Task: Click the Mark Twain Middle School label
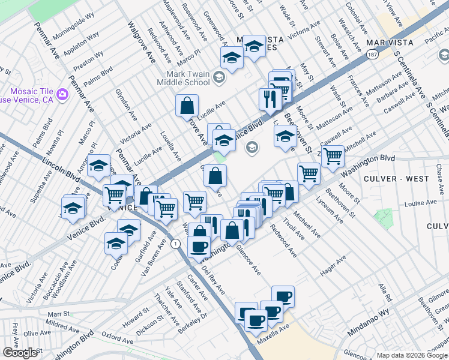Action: [188, 78]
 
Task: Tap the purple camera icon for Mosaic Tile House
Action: [62, 94]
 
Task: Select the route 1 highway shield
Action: [175, 244]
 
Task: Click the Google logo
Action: [20, 353]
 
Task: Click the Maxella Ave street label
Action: [274, 332]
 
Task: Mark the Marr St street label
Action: [59, 313]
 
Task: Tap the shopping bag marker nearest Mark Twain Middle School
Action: [187, 106]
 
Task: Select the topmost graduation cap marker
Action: [255, 46]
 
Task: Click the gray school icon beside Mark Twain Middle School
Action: [218, 76]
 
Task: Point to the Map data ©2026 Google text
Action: [412, 355]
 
